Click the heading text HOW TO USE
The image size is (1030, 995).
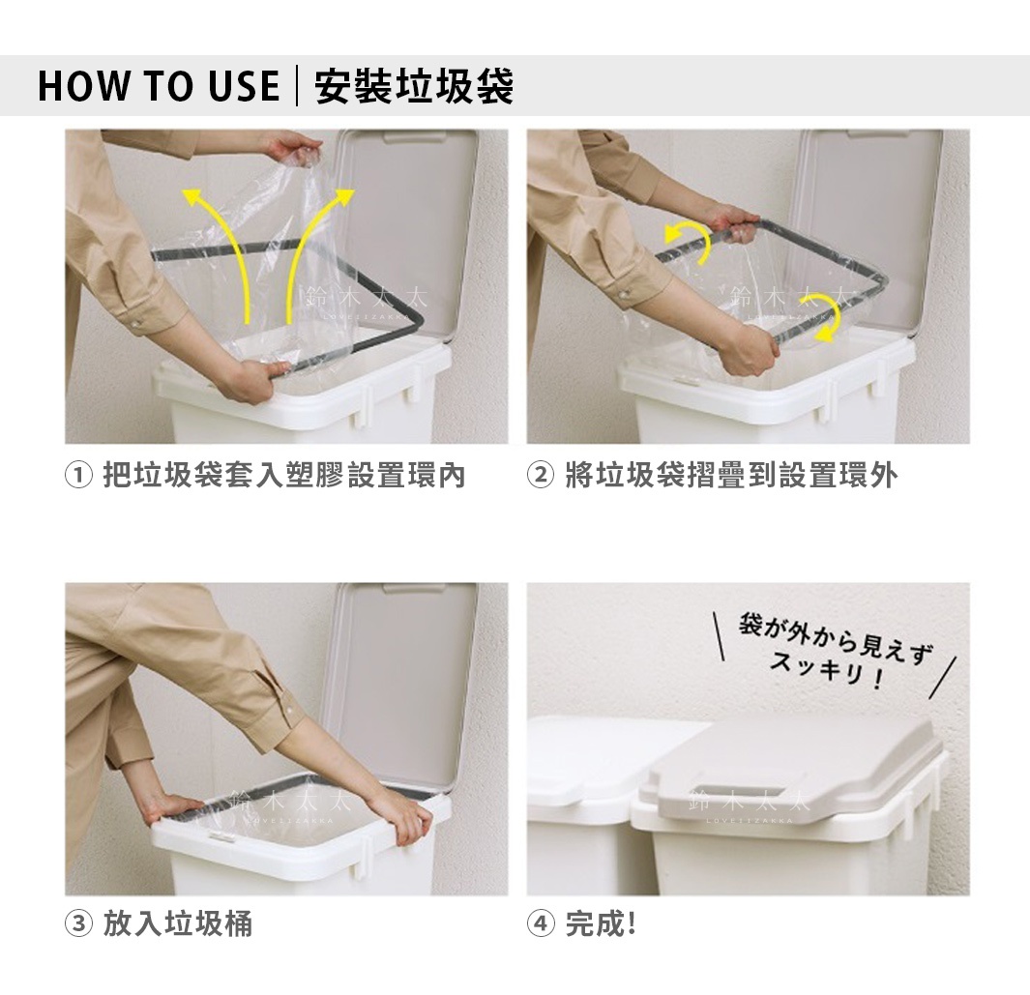click(159, 86)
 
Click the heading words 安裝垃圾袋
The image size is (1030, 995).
click(415, 86)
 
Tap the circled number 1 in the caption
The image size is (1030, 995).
click(78, 476)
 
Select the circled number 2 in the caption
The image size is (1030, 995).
click(541, 476)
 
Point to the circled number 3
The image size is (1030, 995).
click(78, 924)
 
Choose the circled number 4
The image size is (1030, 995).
click(541, 924)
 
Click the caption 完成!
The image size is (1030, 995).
click(600, 924)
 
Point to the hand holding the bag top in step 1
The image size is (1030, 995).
click(294, 149)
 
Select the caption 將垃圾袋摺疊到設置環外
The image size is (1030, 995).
click(731, 476)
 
